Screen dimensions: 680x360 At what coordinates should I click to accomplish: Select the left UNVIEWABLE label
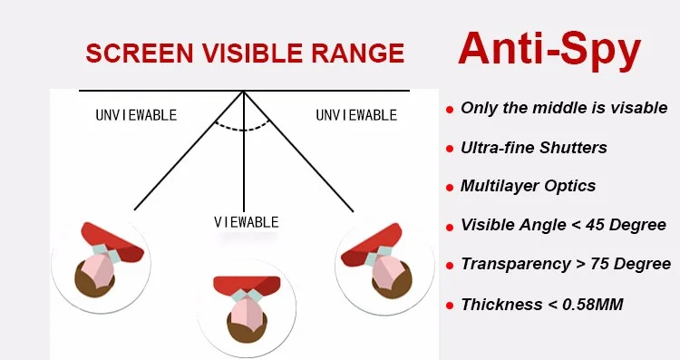click(136, 115)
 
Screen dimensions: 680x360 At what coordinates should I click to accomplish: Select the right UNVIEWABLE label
click(356, 115)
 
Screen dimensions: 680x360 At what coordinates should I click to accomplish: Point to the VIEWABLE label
click(247, 222)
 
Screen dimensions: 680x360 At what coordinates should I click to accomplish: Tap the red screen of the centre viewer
click(247, 284)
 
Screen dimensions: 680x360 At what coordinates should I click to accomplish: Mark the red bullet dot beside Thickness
click(450, 306)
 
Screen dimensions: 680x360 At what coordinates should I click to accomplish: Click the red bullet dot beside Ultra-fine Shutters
click(450, 149)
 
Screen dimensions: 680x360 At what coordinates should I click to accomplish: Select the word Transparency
click(515, 264)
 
